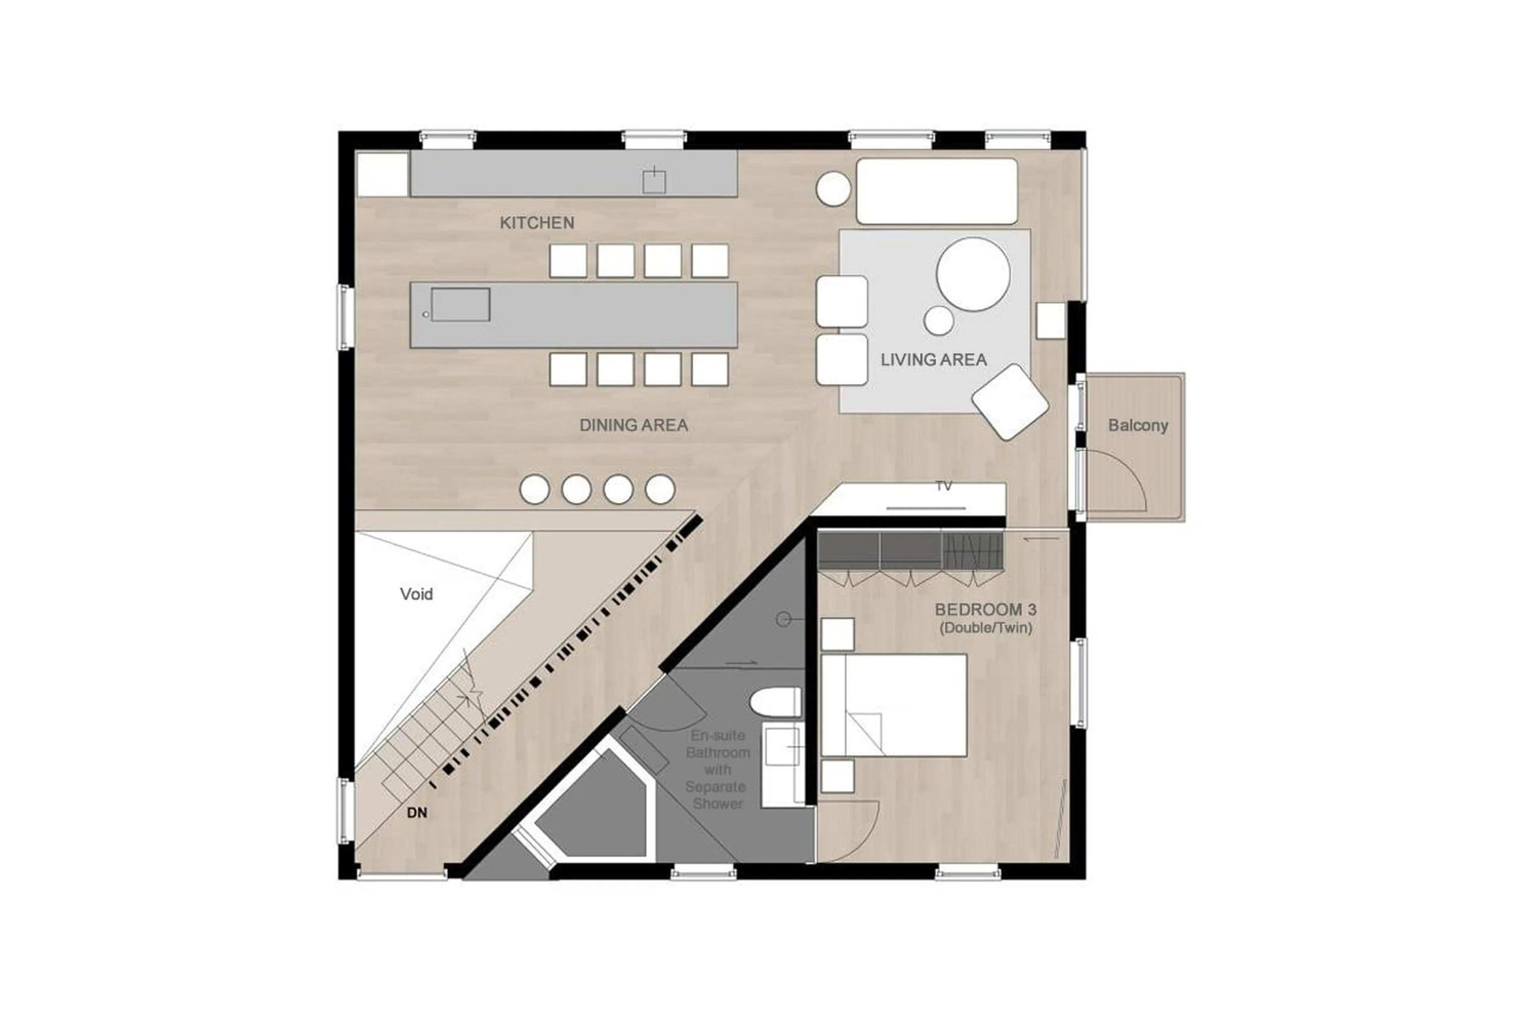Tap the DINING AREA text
633,425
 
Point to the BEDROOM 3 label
985,610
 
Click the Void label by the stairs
416,594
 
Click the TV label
944,486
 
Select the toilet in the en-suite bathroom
775,703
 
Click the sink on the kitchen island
460,305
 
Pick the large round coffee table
972,274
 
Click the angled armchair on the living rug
1009,401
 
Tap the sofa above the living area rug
936,191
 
